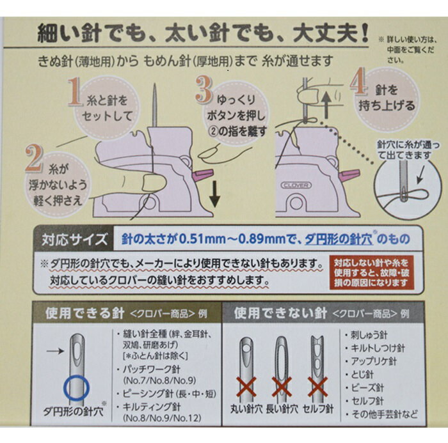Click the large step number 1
[74, 92]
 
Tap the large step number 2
[35, 159]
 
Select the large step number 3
[204, 89]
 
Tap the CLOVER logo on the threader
[296, 185]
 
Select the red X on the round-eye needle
[246, 387]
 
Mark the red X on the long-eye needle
[282, 387]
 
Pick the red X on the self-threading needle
[317, 387]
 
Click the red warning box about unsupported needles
[371, 273]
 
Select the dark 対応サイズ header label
[74, 239]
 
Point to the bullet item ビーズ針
[364, 387]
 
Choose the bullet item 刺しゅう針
[366, 335]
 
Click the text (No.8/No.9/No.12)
[163, 419]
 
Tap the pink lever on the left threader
[204, 175]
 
